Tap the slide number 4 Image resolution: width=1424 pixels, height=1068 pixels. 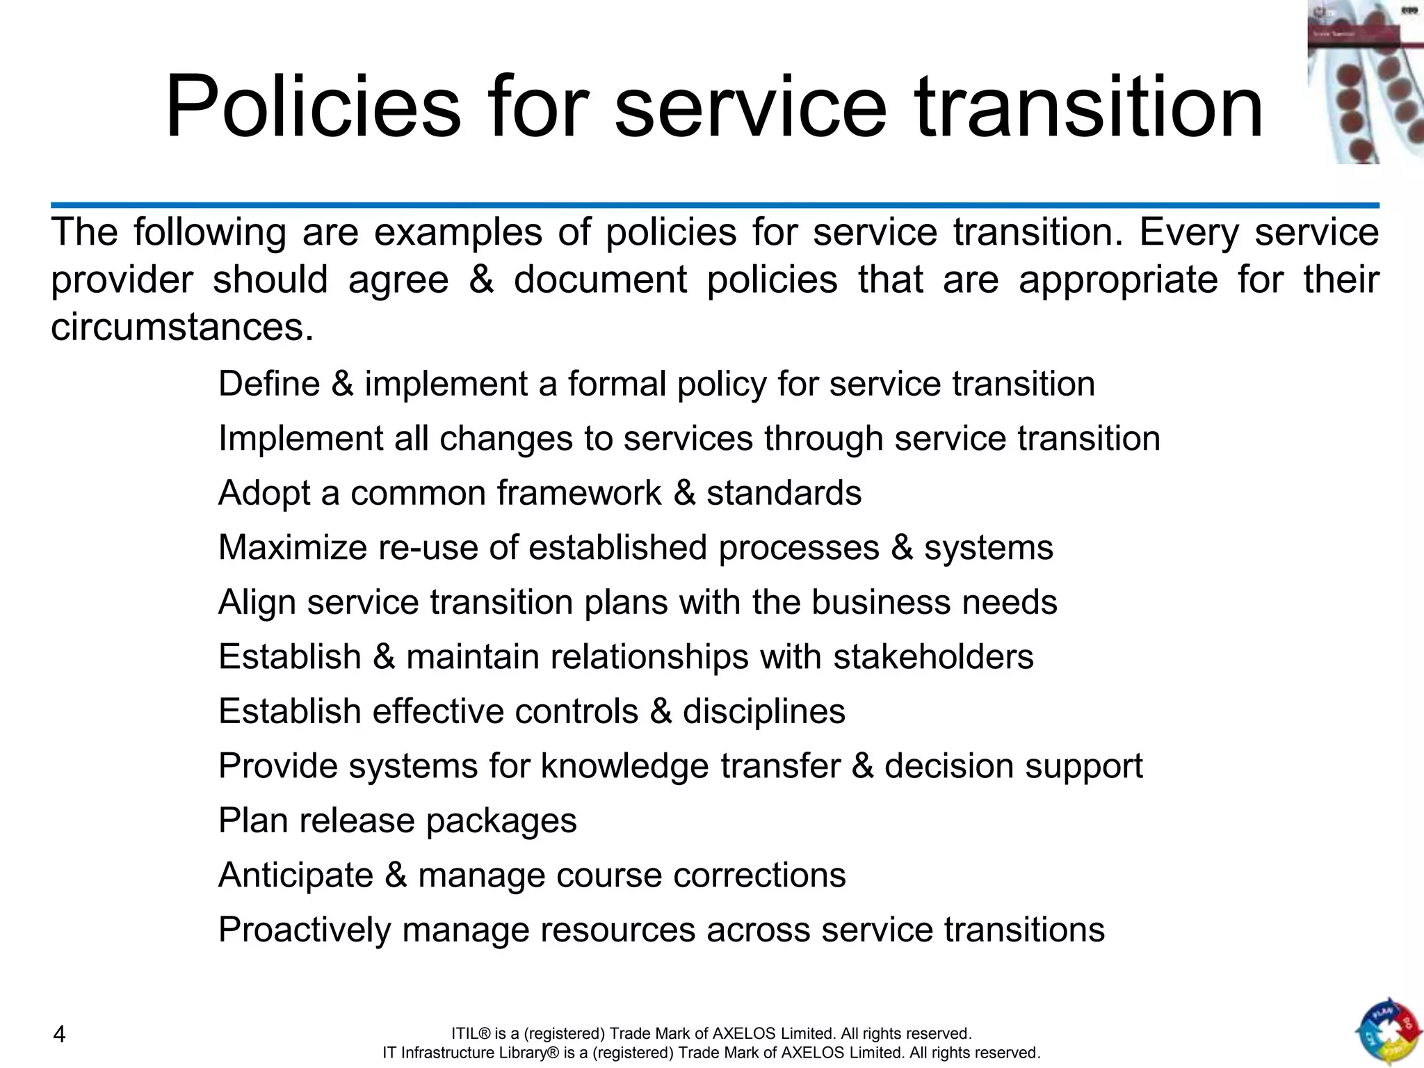point(60,1035)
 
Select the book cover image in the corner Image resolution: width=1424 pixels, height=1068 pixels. point(1365,82)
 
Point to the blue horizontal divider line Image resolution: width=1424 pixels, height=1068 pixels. point(715,205)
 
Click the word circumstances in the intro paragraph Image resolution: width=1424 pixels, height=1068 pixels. point(182,327)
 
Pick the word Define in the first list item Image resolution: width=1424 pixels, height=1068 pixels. point(268,384)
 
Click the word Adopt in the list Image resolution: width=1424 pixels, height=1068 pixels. point(264,494)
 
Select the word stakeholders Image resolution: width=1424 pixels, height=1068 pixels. point(933,657)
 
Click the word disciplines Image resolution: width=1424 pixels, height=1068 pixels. point(763,711)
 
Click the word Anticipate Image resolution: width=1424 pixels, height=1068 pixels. point(296,875)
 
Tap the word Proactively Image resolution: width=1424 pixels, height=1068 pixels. point(305,930)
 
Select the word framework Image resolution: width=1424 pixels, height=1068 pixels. point(578,494)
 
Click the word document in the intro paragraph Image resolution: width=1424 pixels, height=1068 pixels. point(599,280)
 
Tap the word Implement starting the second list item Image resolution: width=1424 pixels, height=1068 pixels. point(300,439)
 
